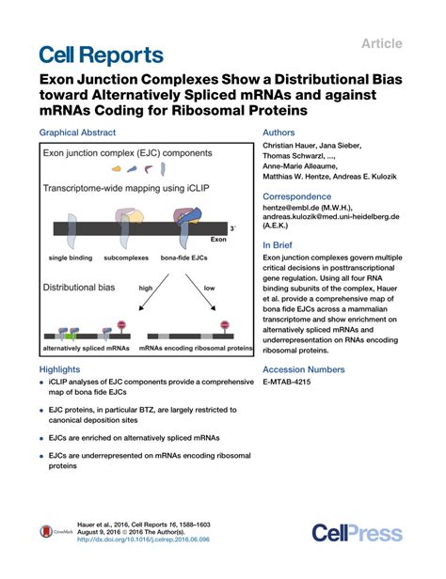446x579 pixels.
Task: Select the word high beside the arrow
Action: pos(146,288)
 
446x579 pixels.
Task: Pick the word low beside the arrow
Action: pos(209,288)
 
